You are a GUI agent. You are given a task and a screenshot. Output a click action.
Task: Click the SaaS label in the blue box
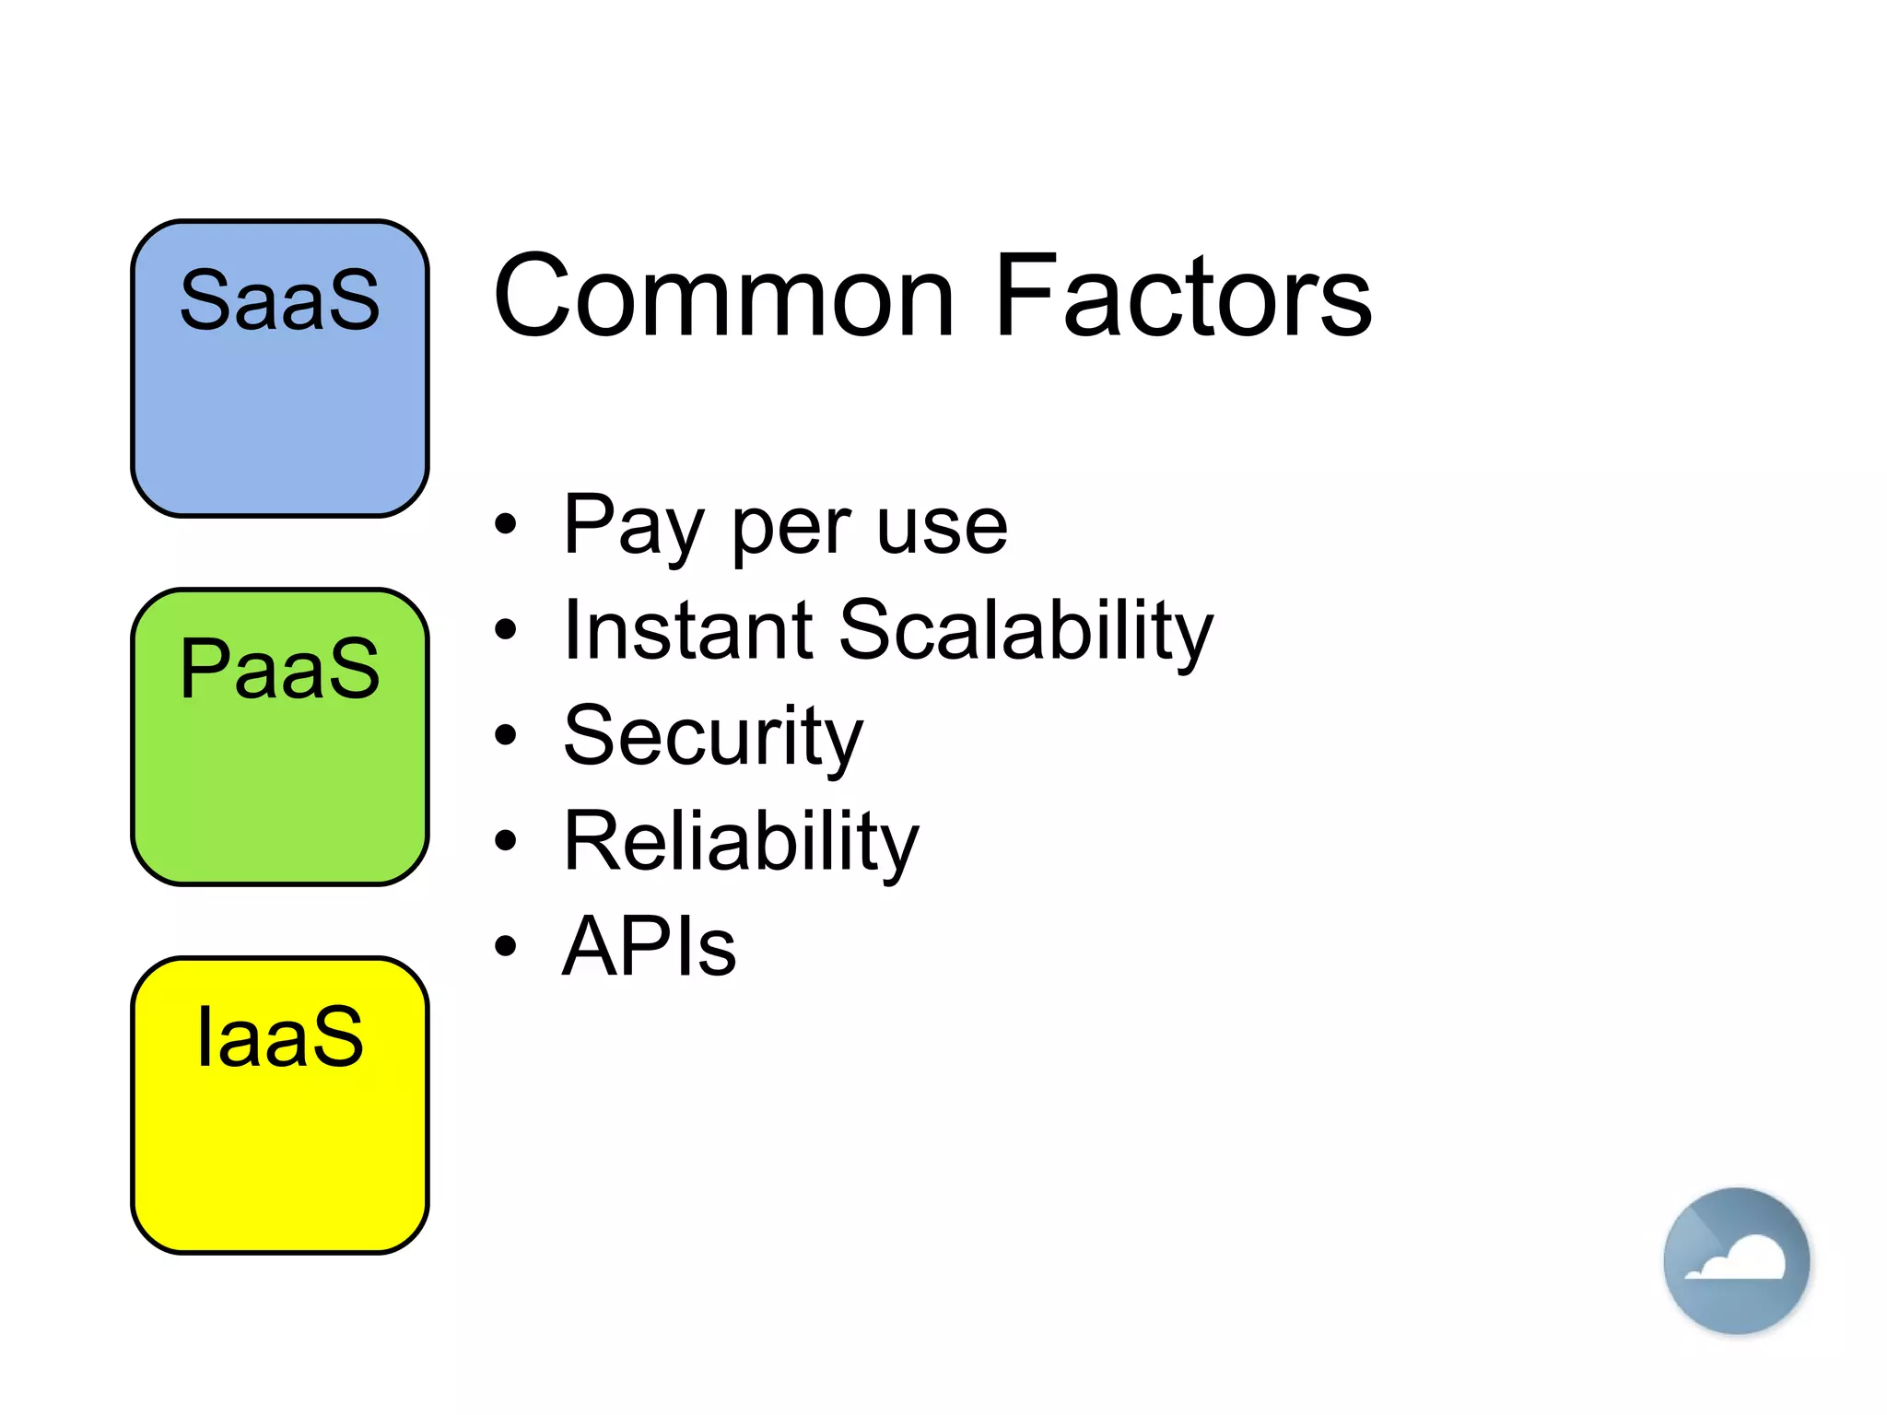(279, 300)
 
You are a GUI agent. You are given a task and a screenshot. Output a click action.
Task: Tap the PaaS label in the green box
(279, 669)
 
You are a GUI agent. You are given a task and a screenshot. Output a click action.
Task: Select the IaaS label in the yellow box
(279, 1037)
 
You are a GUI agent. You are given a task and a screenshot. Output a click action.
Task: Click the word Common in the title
(724, 297)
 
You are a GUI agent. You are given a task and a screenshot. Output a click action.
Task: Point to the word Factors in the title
(1183, 297)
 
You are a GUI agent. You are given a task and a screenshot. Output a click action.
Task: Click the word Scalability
(1026, 632)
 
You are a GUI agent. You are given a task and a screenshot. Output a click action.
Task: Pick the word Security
(713, 737)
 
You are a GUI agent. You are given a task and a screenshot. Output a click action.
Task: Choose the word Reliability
(741, 842)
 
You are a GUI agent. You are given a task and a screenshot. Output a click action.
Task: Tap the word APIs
(650, 947)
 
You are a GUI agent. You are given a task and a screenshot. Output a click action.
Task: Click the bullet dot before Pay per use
(505, 525)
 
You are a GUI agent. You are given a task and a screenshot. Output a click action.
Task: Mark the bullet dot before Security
(505, 735)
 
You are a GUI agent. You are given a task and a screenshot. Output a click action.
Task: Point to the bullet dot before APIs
(505, 946)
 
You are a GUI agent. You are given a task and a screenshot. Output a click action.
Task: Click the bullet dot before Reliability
(505, 840)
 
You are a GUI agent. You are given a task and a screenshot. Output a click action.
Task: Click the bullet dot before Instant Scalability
(505, 630)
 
